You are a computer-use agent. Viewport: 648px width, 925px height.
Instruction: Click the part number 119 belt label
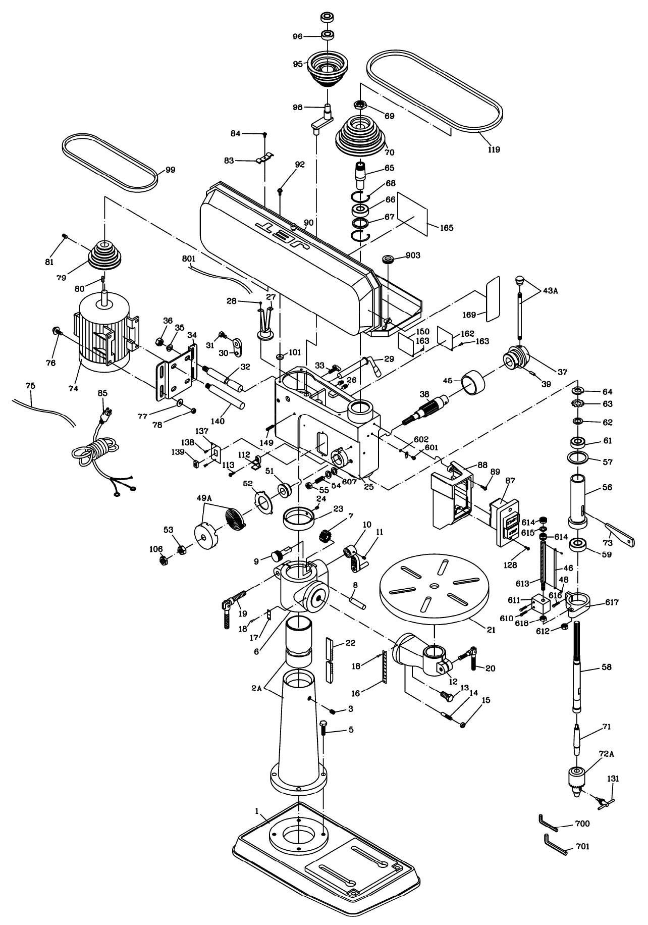pyautogui.click(x=494, y=149)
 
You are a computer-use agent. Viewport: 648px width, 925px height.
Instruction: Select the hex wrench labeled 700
pyautogui.click(x=548, y=822)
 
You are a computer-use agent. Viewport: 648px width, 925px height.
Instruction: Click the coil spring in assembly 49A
pyautogui.click(x=234, y=520)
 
